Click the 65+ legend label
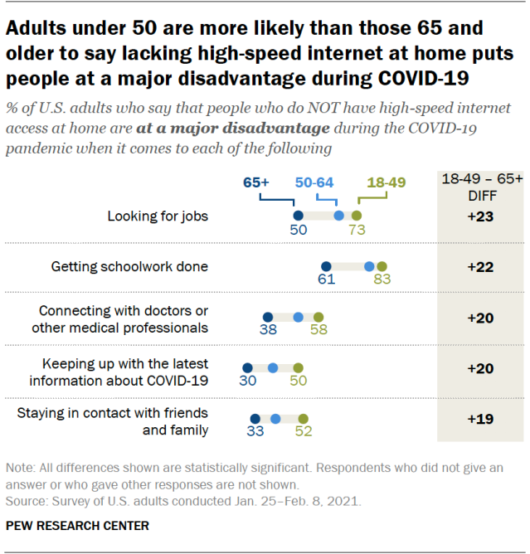tap(258, 182)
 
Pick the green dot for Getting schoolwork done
tap(382, 266)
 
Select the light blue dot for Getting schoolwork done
tap(369, 266)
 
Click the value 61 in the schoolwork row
tap(326, 280)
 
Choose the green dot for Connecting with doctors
tap(318, 317)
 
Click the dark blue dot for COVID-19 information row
tap(247, 367)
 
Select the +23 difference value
tap(480, 216)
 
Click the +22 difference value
tap(480, 267)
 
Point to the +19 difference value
tap(480, 419)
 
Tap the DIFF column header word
tap(480, 196)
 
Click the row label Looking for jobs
tap(158, 216)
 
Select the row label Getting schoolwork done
tap(129, 267)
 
